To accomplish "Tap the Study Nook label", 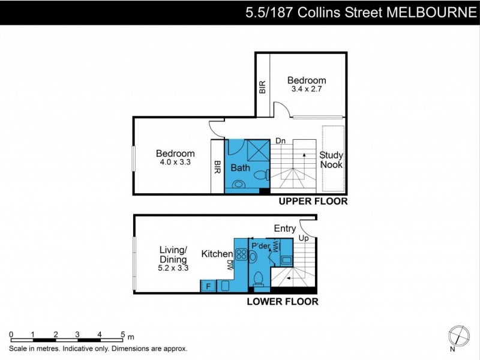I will pos(332,160).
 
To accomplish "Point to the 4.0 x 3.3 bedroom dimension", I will pos(175,162).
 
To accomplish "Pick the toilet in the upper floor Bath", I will pos(260,176).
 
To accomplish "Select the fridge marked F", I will pos(209,286).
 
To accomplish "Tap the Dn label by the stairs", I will pos(280,142).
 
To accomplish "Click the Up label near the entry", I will pos(303,239).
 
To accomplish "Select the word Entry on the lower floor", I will pos(284,228).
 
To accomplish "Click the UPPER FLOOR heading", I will pos(313,202).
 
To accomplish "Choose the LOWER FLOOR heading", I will pos(283,301).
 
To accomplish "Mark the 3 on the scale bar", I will pos(77,335).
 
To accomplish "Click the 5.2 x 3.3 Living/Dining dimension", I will pos(174,268).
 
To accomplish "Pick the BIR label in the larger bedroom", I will pos(217,167).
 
